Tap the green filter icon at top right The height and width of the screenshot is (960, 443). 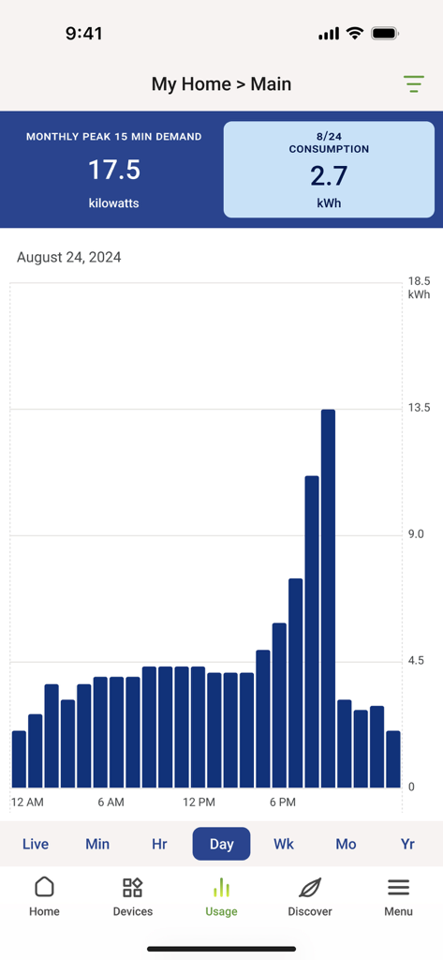414,83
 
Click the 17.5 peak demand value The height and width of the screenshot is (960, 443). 114,170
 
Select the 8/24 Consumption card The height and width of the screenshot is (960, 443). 329,170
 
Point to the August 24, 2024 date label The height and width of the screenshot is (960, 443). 69,257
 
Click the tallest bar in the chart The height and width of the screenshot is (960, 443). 328,598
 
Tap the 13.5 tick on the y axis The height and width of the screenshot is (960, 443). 419,408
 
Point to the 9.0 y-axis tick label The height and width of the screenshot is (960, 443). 418,534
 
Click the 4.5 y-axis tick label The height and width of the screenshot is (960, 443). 418,661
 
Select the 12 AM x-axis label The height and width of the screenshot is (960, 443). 27,802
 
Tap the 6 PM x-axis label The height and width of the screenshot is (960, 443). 283,802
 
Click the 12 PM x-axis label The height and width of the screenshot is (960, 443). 199,802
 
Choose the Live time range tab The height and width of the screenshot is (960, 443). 36,844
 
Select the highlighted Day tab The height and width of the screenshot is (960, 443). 222,844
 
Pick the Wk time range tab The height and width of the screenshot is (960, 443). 284,844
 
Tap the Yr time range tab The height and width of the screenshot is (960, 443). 407,844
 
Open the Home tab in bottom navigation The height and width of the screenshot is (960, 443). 44,896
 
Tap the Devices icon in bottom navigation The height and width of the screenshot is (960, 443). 133,888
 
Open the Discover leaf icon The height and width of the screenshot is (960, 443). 310,888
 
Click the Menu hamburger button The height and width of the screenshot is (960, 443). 398,888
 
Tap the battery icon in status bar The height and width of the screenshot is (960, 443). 385,34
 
